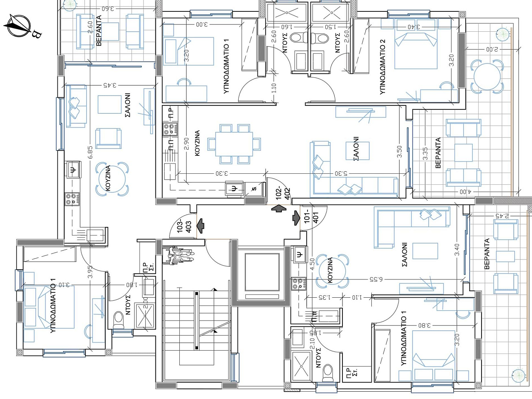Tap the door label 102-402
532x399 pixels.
click(x=283, y=193)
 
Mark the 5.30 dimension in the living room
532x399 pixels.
click(x=341, y=173)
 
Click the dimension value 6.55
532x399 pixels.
click(x=376, y=279)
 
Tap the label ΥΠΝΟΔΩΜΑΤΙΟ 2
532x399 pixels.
click(x=382, y=67)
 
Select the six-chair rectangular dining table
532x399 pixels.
click(x=234, y=144)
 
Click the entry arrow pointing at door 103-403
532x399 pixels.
click(x=200, y=226)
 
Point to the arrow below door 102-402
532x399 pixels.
click(x=279, y=209)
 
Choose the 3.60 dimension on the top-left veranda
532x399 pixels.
click(x=107, y=9)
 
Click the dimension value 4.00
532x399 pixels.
click(x=465, y=192)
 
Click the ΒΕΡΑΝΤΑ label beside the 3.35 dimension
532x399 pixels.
click(x=438, y=153)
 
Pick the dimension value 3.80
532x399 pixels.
click(x=424, y=325)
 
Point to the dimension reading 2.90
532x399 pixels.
click(x=186, y=144)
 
